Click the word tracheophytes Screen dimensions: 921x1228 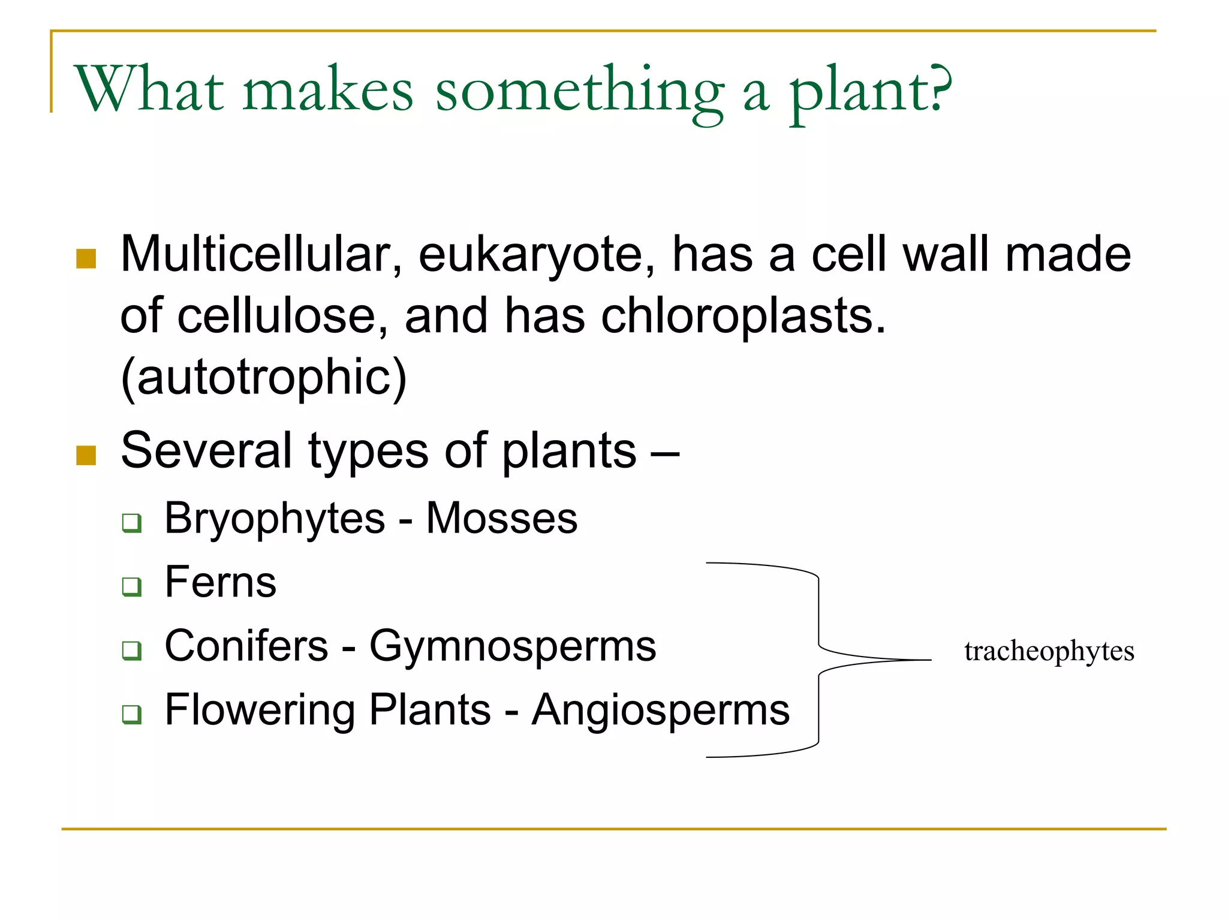pos(1049,652)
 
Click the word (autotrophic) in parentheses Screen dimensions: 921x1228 pos(263,378)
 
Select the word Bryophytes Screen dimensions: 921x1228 pos(275,519)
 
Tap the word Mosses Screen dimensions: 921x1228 pos(501,519)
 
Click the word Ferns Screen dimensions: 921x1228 pos(220,582)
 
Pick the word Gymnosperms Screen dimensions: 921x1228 pos(513,647)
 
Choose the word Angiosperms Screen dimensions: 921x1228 pos(661,711)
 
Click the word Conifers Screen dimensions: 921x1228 pos(246,646)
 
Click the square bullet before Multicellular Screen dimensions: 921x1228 pos(86,258)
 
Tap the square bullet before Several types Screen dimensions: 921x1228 pos(86,455)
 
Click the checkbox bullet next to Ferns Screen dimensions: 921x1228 pos(132,586)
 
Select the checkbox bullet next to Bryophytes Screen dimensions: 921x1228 pos(132,522)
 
